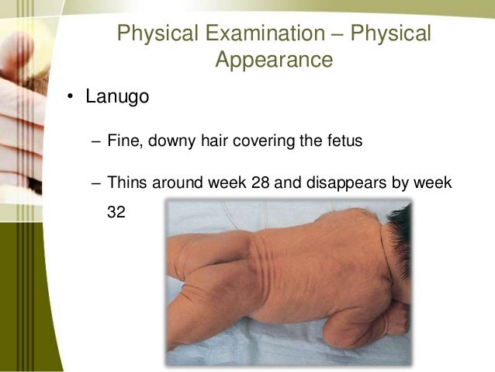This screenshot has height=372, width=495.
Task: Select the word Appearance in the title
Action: [x=274, y=60]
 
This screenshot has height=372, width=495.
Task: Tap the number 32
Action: [x=116, y=210]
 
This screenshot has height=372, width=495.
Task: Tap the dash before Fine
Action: [x=95, y=142]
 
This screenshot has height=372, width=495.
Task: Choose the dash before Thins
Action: [x=95, y=184]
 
